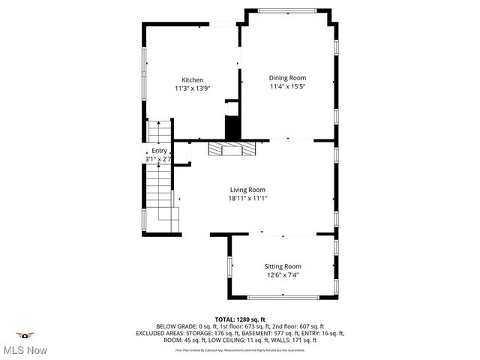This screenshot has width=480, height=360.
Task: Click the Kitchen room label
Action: point(192,79)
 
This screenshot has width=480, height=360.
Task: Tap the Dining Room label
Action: point(287,77)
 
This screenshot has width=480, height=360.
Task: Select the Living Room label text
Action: point(247,190)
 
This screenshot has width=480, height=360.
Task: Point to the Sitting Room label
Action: point(282,266)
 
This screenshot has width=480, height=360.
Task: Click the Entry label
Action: point(159,151)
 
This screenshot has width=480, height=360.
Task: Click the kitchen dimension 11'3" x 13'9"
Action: point(192,88)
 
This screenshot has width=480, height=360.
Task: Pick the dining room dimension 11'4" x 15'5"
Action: point(287,86)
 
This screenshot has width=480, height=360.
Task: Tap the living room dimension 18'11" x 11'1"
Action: point(247,199)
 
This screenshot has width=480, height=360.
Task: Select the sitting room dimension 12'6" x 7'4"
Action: point(282,275)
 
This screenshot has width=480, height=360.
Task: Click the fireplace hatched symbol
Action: point(232,148)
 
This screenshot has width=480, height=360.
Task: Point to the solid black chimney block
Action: point(232,127)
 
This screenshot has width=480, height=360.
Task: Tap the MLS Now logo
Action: point(25,344)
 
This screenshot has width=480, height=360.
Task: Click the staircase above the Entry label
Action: point(159,132)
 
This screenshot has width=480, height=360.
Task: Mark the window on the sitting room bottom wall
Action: point(283,298)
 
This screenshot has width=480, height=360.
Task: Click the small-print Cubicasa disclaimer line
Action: point(239,349)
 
